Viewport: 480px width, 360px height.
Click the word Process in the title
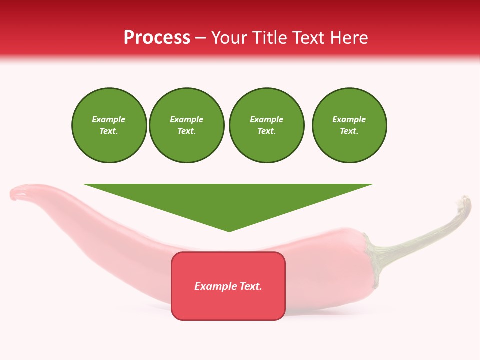coord(157,38)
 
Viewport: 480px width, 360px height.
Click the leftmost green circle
coord(109,125)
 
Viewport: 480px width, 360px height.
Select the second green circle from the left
coord(186,125)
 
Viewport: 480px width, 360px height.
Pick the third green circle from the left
coord(266,125)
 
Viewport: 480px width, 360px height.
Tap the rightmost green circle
coord(349,125)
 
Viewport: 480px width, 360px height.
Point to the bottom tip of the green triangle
coord(229,231)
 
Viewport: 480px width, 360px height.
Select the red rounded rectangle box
coord(228,305)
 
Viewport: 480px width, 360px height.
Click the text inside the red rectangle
coord(228,286)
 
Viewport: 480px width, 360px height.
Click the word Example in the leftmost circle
coord(109,120)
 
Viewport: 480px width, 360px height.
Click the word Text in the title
coord(305,38)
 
